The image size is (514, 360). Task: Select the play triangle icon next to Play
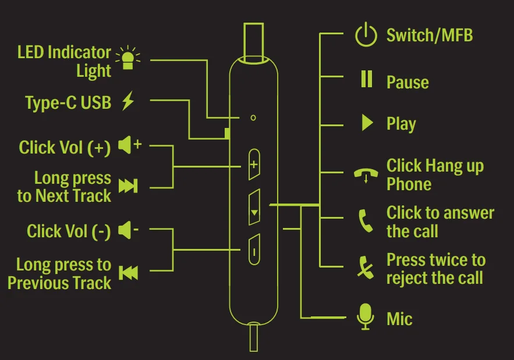[367, 122]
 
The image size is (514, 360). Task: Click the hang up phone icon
[366, 175]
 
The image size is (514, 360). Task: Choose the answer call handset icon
[366, 221]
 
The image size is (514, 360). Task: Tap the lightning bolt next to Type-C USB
[128, 102]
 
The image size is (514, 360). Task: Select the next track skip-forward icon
[127, 186]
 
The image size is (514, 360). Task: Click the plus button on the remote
[253, 164]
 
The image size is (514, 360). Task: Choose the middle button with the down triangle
[253, 207]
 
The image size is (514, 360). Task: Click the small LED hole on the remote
[253, 117]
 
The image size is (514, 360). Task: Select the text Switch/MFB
[430, 35]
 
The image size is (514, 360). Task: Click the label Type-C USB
[68, 103]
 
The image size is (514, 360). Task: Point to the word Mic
[399, 319]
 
